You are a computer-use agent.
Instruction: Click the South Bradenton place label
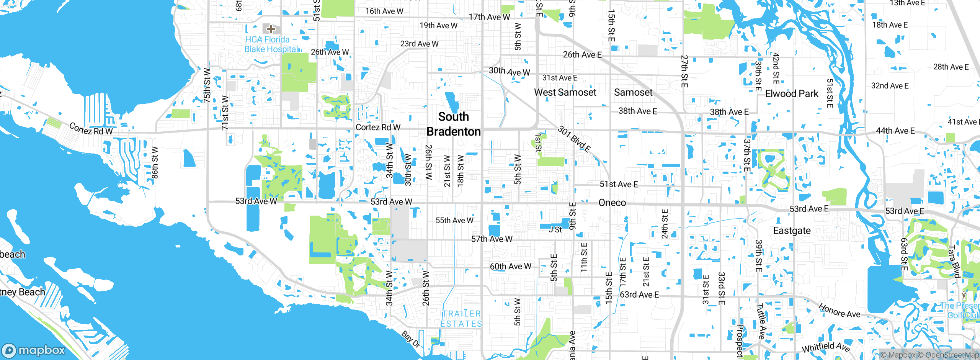[x=454, y=124]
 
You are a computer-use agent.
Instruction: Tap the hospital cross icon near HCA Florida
[x=271, y=29]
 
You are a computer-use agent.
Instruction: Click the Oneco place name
[x=612, y=203]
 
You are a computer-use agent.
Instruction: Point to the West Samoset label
[x=565, y=92]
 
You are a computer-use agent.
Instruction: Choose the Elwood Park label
[x=791, y=94]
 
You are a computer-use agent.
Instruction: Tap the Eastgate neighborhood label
[x=792, y=231]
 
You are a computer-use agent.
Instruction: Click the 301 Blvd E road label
[x=574, y=139]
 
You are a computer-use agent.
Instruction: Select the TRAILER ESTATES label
[x=461, y=319]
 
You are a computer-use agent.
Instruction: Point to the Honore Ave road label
[x=839, y=311]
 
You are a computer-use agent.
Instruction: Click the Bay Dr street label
[x=411, y=339]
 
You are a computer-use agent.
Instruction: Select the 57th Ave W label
[x=492, y=239]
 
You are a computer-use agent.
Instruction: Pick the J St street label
[x=555, y=229]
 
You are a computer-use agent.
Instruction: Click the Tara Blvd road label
[x=954, y=261]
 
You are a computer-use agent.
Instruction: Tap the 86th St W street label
[x=155, y=162]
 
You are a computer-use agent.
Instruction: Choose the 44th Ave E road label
[x=895, y=131]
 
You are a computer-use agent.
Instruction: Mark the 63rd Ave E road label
[x=639, y=295]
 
